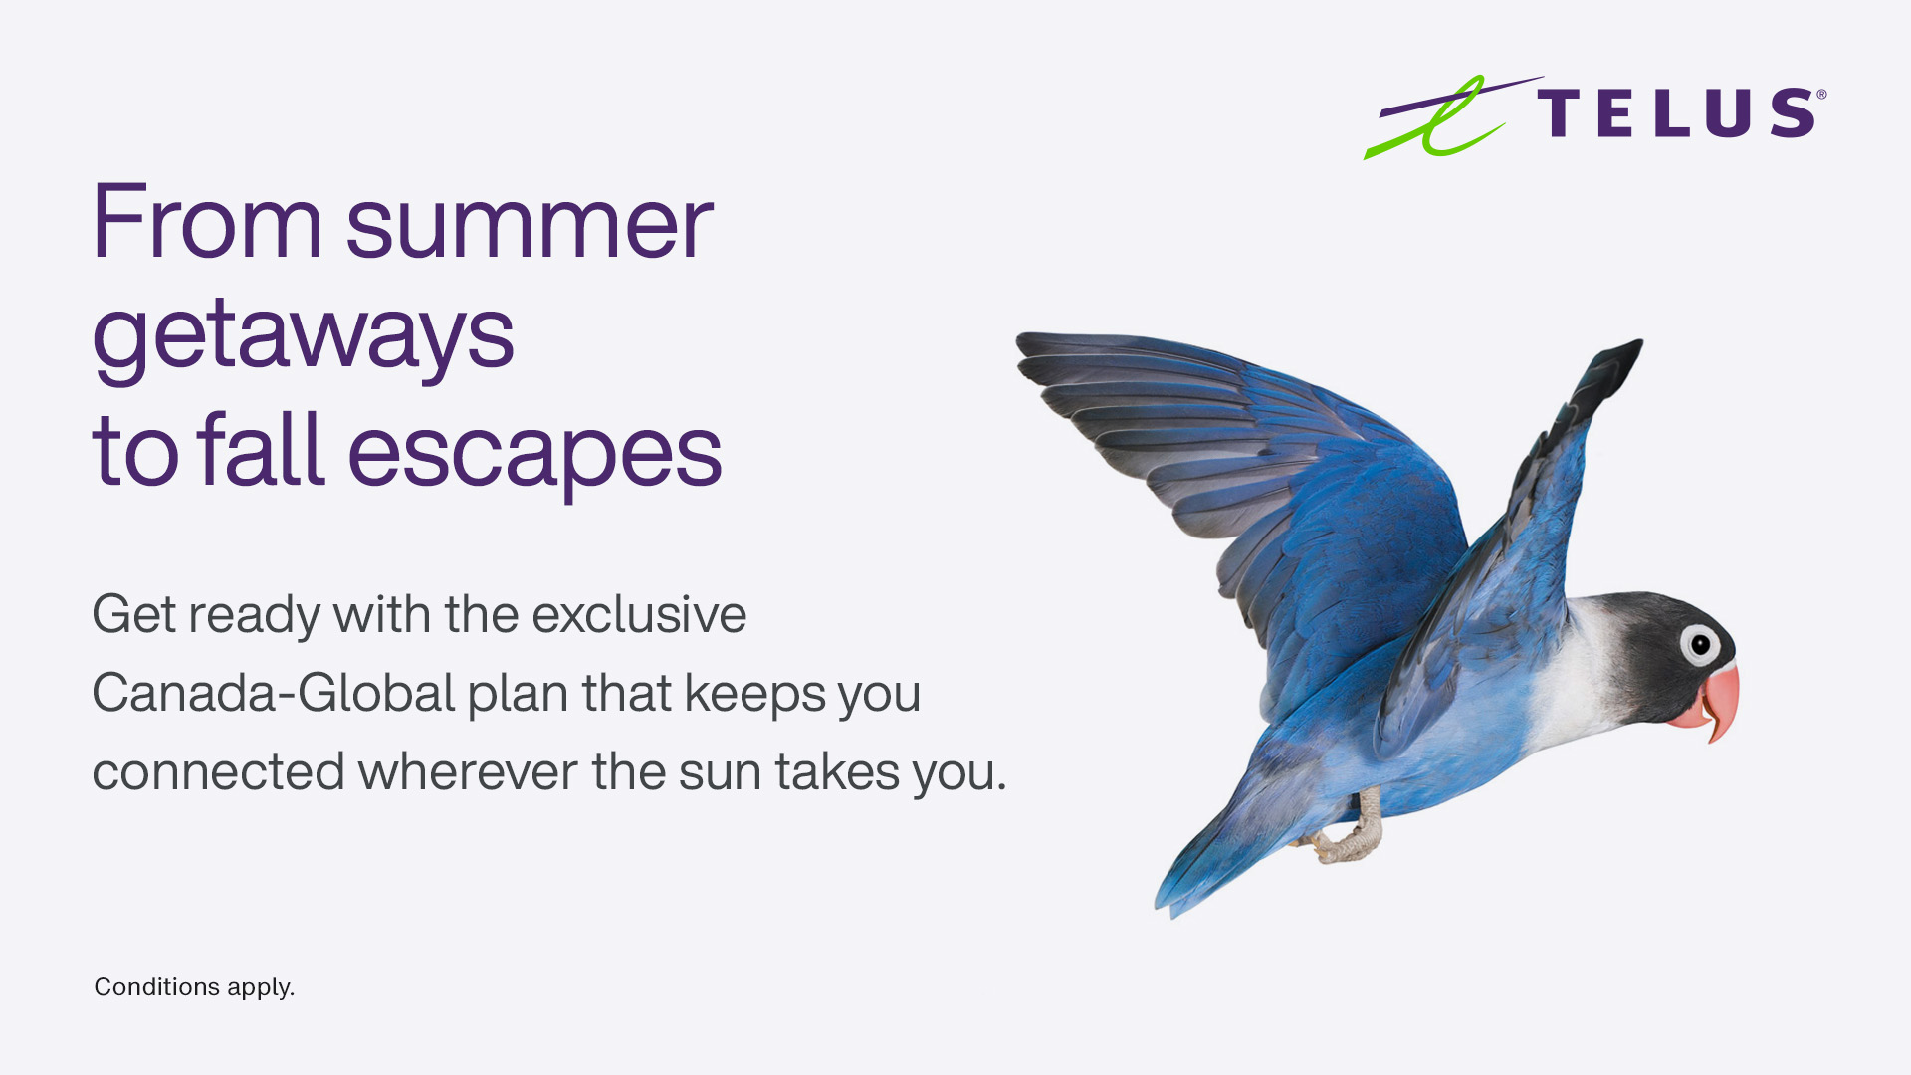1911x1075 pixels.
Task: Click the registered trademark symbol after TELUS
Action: click(1821, 95)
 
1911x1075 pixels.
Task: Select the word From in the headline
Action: click(207, 222)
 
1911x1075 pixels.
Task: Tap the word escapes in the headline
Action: click(534, 454)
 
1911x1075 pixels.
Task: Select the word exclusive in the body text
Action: click(639, 614)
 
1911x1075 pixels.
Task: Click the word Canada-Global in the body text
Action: click(274, 693)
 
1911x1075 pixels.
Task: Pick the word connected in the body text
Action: click(218, 772)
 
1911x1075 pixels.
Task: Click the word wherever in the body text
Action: click(468, 772)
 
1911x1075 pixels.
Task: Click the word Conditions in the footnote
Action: click(156, 987)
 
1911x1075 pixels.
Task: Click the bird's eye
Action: click(1700, 644)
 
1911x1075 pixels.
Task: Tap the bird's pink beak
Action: click(1712, 702)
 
